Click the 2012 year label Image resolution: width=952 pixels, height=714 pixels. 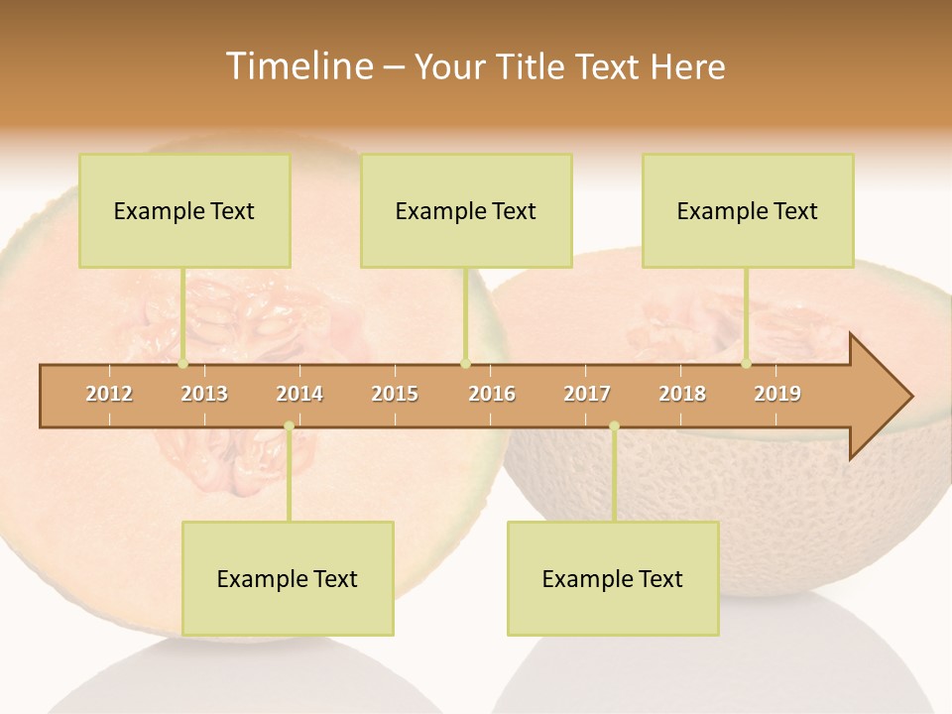[x=109, y=394]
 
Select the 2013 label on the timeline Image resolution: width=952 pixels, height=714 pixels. [x=204, y=394]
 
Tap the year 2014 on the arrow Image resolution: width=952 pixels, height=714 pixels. [x=299, y=394]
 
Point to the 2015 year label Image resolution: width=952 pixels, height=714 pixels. [x=395, y=394]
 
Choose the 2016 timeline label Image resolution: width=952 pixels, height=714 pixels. [x=492, y=394]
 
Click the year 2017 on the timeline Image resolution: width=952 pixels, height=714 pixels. [x=587, y=394]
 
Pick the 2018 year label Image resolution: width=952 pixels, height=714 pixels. [x=682, y=394]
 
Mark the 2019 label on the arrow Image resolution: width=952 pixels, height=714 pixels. [x=777, y=394]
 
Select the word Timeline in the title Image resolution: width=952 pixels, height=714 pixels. [x=297, y=66]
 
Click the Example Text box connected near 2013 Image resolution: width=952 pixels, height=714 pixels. [x=184, y=210]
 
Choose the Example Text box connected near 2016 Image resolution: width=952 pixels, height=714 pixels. [x=466, y=210]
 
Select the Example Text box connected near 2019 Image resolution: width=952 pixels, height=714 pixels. [x=748, y=210]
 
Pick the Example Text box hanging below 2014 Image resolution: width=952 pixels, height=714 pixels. [x=288, y=578]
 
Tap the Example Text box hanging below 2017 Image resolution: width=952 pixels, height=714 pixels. [x=613, y=578]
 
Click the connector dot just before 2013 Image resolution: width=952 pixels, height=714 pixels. [x=183, y=364]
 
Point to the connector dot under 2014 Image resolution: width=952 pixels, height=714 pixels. [x=289, y=426]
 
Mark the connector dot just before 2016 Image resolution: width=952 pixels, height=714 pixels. [x=465, y=364]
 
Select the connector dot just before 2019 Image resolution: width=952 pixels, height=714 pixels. [x=747, y=364]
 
